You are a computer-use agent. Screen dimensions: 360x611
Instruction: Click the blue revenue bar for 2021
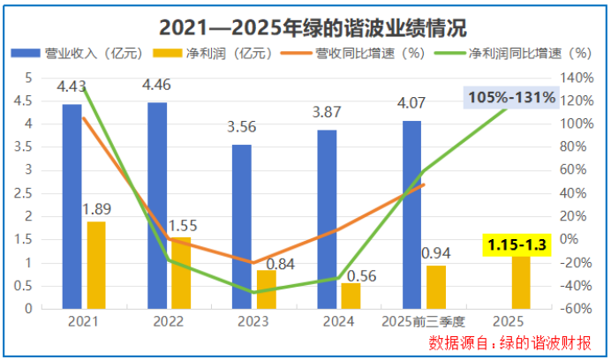(x=72, y=206)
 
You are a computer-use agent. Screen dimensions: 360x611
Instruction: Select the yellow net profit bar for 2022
(x=180, y=273)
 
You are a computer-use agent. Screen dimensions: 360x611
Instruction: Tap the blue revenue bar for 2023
(x=241, y=227)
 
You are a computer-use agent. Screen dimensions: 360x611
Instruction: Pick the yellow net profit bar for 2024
(x=351, y=296)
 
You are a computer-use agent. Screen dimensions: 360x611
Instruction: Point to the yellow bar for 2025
(x=521, y=282)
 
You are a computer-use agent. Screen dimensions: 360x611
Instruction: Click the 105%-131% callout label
(x=512, y=98)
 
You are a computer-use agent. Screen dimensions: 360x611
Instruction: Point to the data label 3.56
(x=241, y=128)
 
